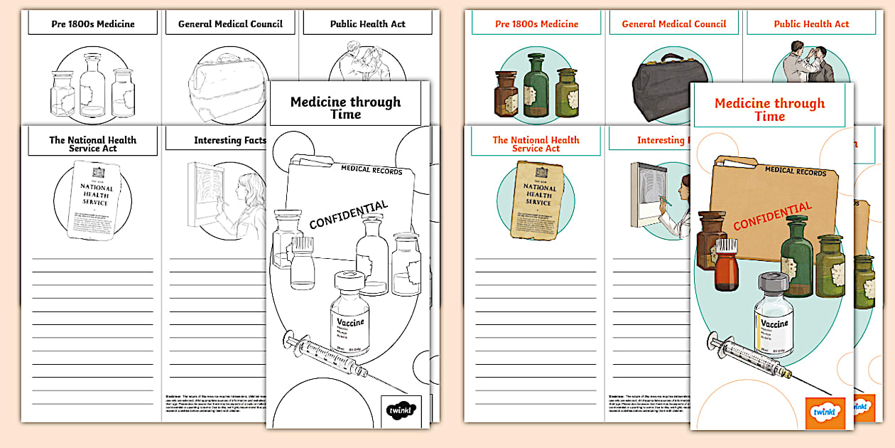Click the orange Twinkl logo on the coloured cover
pos(825,413)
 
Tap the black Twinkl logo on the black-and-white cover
pos(401,411)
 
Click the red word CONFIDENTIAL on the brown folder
pos(772,216)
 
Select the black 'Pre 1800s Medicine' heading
pos(93,23)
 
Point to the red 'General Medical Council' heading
pos(674,23)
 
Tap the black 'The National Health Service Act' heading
pos(92,144)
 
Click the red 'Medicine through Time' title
pos(770,110)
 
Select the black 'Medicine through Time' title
pos(345,107)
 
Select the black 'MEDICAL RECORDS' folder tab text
pos(371,171)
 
